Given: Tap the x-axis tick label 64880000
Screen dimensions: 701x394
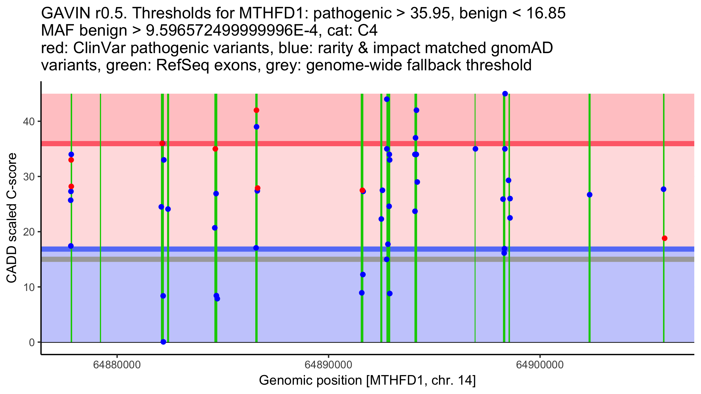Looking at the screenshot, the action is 117,365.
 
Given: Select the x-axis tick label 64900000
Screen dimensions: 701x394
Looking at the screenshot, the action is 540,365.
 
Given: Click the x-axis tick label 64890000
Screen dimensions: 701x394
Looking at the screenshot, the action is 329,365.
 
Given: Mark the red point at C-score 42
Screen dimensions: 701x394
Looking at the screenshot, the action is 256,110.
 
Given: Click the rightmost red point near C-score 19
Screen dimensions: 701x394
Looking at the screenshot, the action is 664,238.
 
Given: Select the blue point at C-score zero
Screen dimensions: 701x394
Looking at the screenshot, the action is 163,342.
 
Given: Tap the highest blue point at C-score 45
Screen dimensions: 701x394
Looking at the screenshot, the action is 505,94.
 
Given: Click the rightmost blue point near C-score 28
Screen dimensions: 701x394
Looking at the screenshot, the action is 664,189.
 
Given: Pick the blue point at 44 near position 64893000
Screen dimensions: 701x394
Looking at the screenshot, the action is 387,99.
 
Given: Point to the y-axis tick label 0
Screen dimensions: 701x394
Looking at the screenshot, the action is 32,342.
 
